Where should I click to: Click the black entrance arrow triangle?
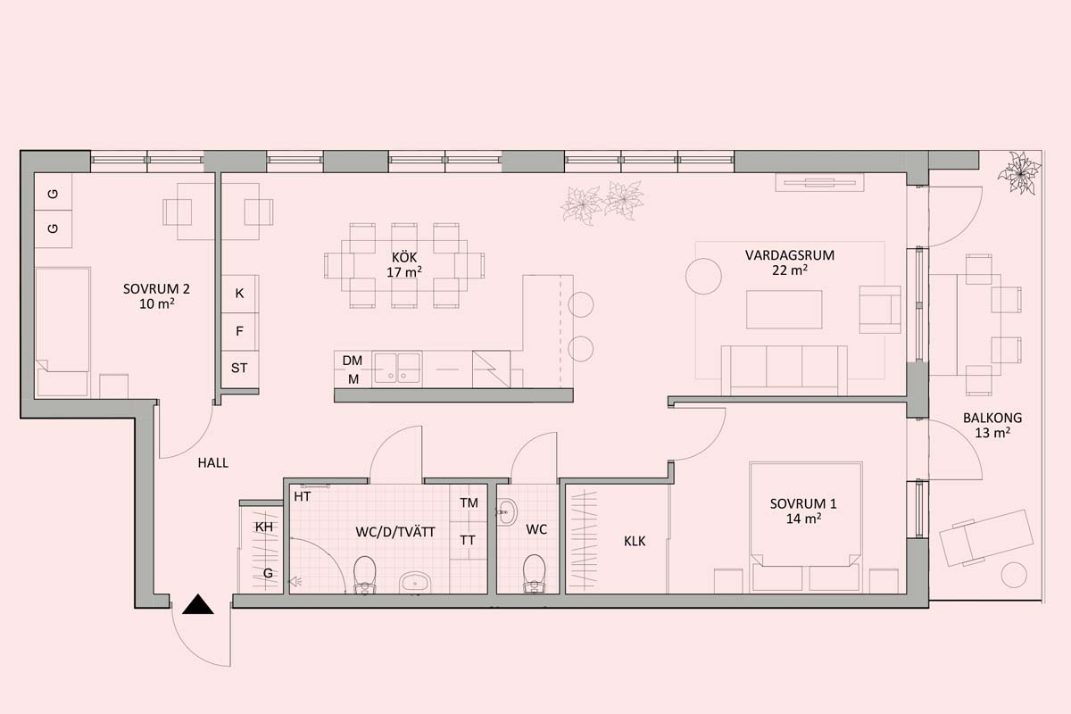(x=198, y=605)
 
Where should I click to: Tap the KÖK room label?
(x=404, y=258)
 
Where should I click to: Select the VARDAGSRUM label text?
(x=790, y=255)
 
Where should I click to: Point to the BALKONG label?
(x=992, y=418)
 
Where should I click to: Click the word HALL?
(x=212, y=463)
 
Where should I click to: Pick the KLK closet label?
(x=635, y=542)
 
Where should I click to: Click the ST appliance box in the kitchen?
(x=240, y=369)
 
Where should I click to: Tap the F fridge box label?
(x=239, y=331)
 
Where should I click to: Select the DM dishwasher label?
(x=353, y=361)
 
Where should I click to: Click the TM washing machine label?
(x=469, y=503)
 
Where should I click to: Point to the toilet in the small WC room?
(x=534, y=572)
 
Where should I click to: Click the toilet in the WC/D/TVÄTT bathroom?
(x=365, y=574)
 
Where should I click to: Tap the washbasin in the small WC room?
(x=507, y=512)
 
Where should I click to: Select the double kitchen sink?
(x=398, y=368)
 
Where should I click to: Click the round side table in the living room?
(x=703, y=277)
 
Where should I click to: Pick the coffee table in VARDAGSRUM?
(x=785, y=310)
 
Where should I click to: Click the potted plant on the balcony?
(x=1019, y=173)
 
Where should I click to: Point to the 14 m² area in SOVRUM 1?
(x=804, y=519)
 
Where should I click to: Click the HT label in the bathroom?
(x=303, y=497)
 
